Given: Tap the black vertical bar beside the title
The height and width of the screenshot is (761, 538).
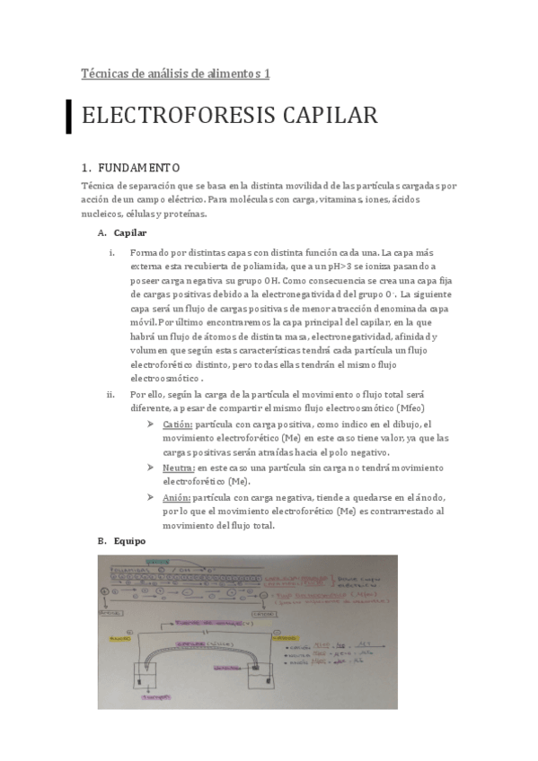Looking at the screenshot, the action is point(68,117).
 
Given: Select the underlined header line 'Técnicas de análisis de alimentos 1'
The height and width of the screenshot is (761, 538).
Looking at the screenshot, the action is point(175,74).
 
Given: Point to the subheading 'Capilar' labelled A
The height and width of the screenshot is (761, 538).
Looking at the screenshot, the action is point(129,233).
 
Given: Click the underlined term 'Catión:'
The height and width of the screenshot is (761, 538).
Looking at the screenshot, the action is point(178,424).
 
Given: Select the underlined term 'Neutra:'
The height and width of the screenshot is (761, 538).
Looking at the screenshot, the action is point(178,468).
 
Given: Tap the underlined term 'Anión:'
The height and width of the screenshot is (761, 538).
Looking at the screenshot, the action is point(177,497).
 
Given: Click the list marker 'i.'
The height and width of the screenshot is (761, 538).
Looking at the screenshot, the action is point(111,252).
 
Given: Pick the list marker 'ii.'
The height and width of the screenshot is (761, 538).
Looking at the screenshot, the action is point(111,394).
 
